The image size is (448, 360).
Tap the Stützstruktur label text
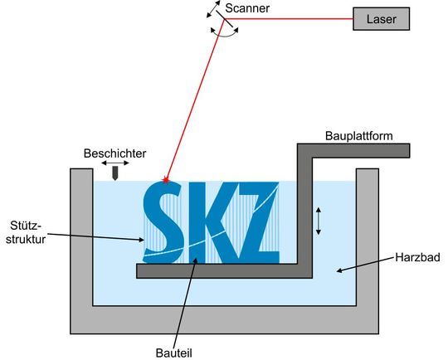[x=22, y=230]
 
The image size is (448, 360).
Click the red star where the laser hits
[x=167, y=179]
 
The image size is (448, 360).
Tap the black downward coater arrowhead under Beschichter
[x=116, y=175]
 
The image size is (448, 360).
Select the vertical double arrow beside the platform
[x=317, y=221]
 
